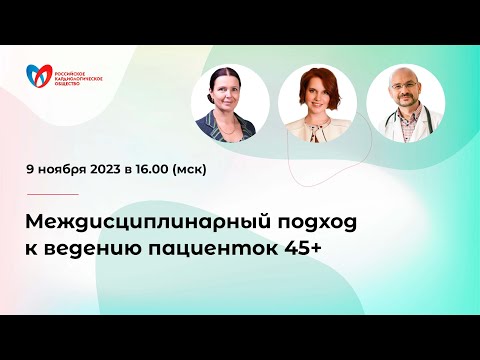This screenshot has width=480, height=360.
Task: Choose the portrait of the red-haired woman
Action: tap(317, 106)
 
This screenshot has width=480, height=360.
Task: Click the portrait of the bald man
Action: tap(405, 106)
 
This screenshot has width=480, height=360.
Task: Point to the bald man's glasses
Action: tap(406, 96)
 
